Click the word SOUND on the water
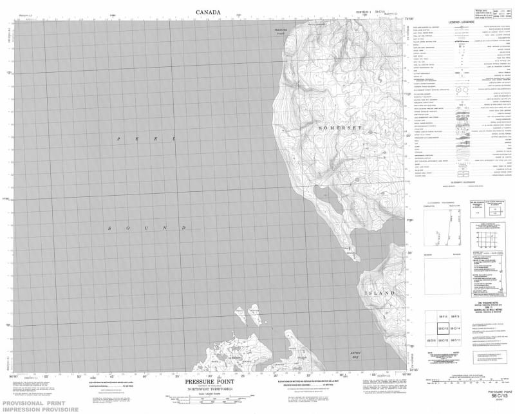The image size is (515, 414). [147, 228]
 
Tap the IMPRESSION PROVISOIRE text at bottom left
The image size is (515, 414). [40, 409]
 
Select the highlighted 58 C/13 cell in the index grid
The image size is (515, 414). [442, 329]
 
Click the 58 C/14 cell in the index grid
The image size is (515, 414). [454, 329]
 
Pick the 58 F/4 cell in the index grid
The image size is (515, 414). [442, 317]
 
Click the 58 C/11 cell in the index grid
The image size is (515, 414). [454, 340]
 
